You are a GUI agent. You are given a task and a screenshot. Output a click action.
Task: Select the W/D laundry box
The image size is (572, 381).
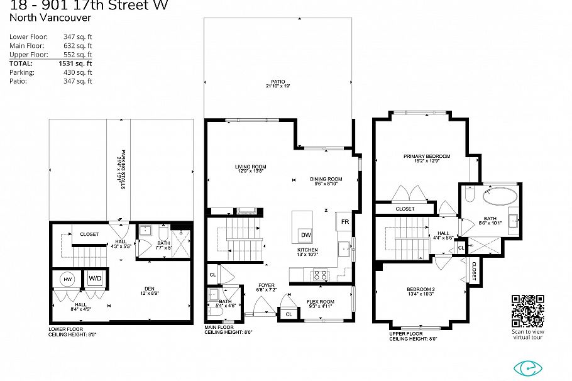[x=96, y=278]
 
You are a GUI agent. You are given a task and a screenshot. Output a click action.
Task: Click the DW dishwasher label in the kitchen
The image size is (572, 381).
[x=305, y=235]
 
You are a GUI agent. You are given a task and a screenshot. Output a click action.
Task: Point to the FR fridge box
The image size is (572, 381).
[x=345, y=221]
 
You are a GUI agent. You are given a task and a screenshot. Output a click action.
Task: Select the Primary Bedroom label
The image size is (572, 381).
[x=427, y=156]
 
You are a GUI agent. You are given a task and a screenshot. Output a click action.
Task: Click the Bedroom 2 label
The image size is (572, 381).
[x=421, y=289]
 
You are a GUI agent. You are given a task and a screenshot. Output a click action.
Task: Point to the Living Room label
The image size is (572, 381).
[x=251, y=167]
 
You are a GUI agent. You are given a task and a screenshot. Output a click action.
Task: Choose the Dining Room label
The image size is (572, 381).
[x=326, y=179]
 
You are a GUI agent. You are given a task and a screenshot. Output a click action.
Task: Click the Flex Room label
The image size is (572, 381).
[x=321, y=301]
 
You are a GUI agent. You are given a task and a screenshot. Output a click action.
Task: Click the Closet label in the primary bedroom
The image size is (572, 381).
[x=405, y=209]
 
